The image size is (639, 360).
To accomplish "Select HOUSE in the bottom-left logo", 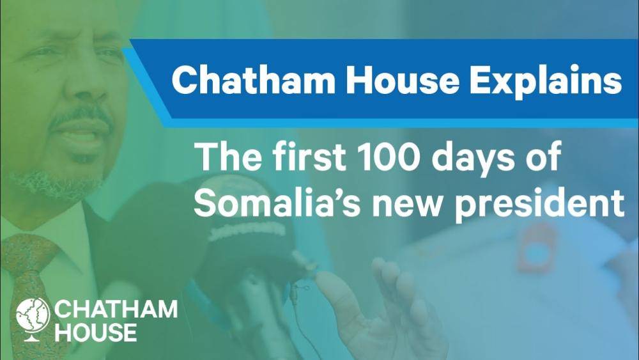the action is [96, 332].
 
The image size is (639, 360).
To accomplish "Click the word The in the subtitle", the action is [227, 156].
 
